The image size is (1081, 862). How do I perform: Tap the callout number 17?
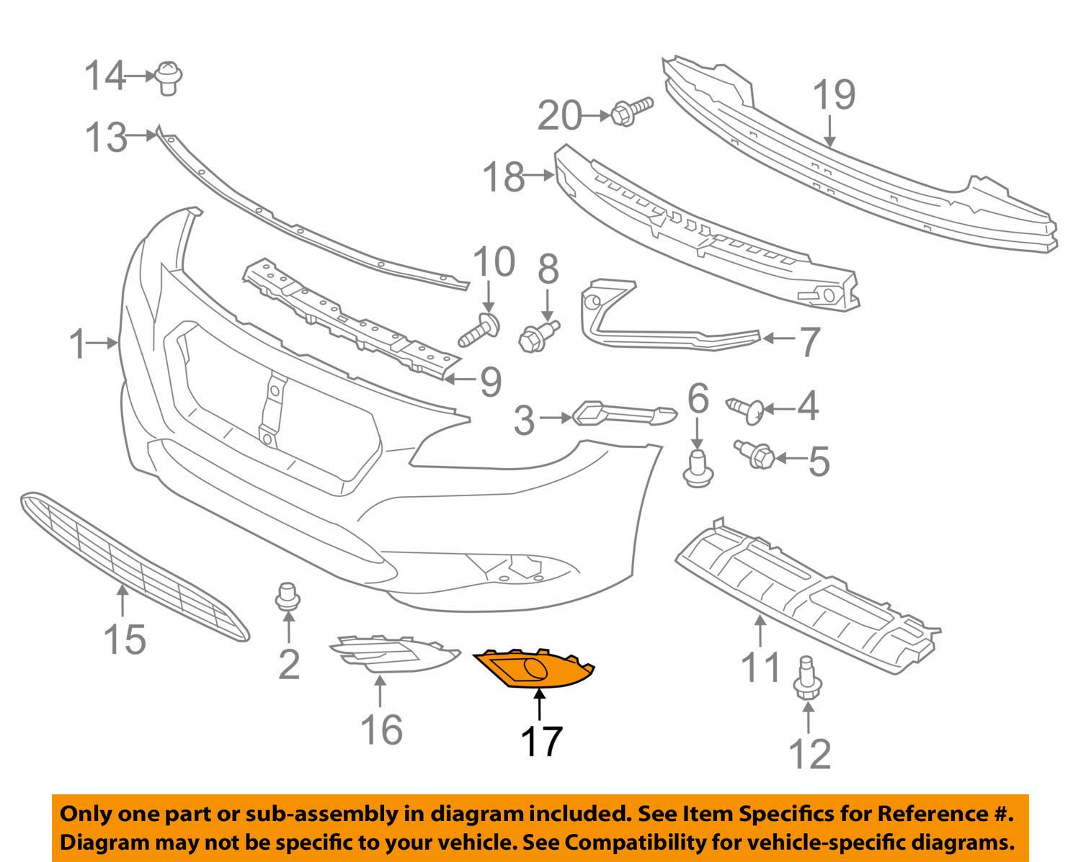(x=540, y=741)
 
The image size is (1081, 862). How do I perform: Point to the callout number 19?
(x=835, y=95)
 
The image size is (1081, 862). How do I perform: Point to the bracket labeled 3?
(x=624, y=414)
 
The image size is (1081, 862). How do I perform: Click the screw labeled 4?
(x=746, y=409)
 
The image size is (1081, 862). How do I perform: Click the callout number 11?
(x=761, y=668)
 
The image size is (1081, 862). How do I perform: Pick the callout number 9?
(x=490, y=382)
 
